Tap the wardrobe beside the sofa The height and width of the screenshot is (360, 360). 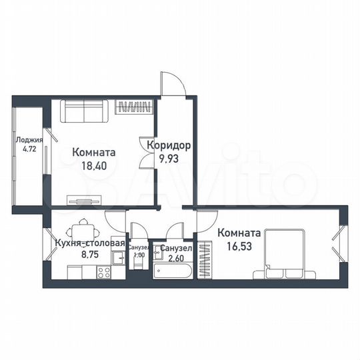pos(135,105)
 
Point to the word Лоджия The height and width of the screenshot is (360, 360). pos(29,141)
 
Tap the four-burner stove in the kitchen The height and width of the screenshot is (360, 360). pos(105,272)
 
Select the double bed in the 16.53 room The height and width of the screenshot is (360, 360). pos(285,253)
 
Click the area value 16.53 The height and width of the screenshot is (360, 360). pos(238,245)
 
